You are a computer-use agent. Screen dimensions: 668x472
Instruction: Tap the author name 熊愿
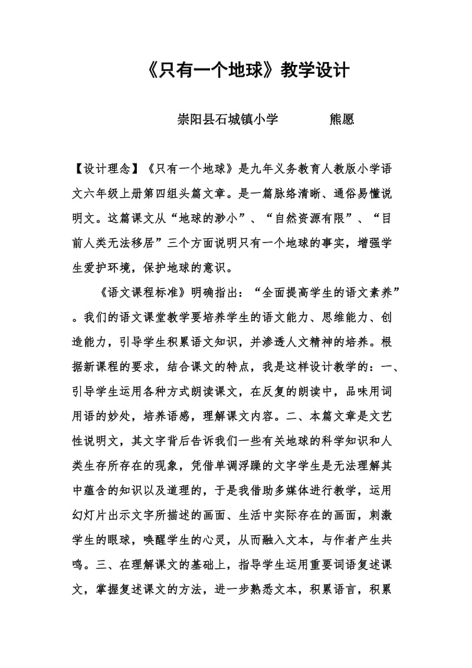coord(341,120)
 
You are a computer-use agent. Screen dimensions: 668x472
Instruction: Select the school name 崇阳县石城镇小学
coord(228,120)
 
